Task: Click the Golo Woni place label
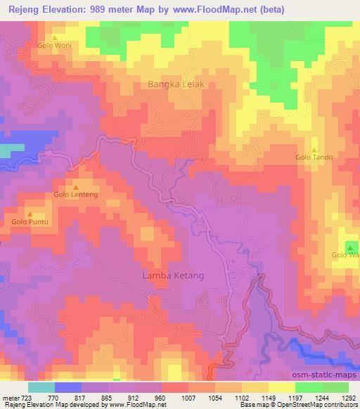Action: tap(55, 46)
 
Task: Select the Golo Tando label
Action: tap(314, 157)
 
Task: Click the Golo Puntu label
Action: tap(29, 222)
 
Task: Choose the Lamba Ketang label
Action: tap(173, 275)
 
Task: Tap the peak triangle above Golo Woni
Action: tap(55, 37)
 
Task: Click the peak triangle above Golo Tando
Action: tap(314, 148)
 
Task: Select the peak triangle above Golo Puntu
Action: tap(30, 213)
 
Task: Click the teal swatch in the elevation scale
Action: tap(41, 387)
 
